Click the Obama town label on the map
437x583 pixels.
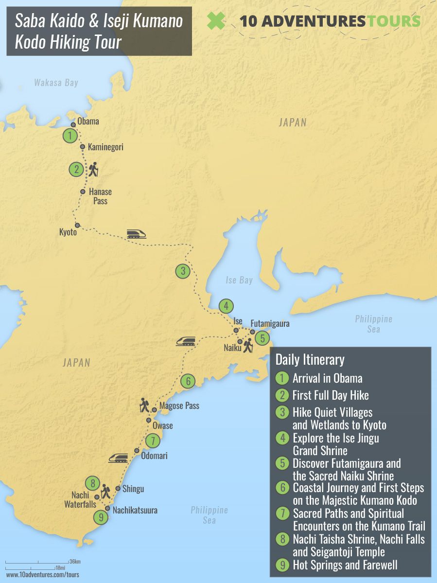tap(88, 121)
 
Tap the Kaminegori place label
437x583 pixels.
tap(105, 146)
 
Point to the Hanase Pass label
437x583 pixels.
tap(100, 196)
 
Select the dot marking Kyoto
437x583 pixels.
tap(77, 225)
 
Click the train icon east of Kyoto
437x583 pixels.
tap(136, 234)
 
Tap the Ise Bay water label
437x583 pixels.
tap(239, 280)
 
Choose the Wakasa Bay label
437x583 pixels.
tap(56, 83)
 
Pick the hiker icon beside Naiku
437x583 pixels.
tap(248, 345)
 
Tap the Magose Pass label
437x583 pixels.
tap(179, 406)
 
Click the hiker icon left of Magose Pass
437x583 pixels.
tap(144, 405)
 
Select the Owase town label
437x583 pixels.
tap(162, 426)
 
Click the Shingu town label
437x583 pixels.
tap(133, 489)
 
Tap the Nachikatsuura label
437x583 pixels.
tap(135, 511)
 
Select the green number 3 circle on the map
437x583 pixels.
tap(182, 271)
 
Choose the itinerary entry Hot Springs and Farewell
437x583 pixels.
tap(345, 565)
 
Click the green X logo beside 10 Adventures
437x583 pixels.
tap(216, 20)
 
